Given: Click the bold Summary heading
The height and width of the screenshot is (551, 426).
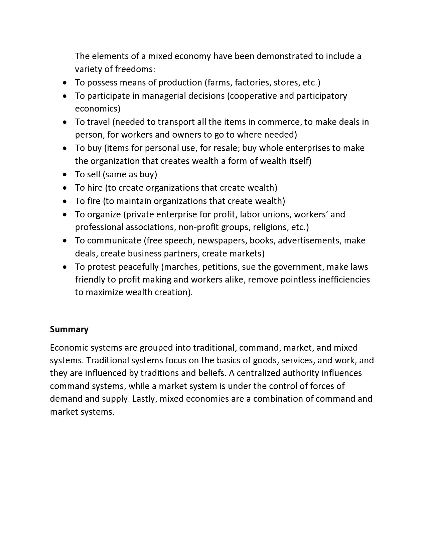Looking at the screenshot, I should (69, 329).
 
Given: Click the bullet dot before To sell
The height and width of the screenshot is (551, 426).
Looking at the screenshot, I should (65, 175).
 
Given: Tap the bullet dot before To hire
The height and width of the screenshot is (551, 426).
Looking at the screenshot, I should (65, 188).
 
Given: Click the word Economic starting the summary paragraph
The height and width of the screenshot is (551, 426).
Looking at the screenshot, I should (69, 348).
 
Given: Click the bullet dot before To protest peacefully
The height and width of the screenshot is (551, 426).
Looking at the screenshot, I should (65, 267).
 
